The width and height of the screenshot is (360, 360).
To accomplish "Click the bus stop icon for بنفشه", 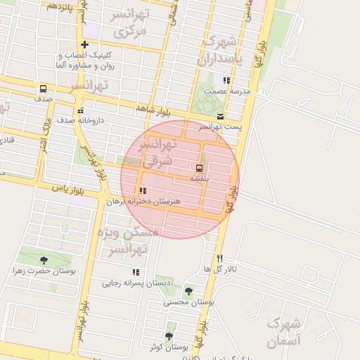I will (x=199, y=168).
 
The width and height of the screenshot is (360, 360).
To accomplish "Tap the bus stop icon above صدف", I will (x=44, y=89).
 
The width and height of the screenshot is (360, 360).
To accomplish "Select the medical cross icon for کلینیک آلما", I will (x=84, y=44).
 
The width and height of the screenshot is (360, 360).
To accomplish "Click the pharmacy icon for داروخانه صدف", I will (x=81, y=110).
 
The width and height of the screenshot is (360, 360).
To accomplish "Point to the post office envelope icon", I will (x=221, y=116).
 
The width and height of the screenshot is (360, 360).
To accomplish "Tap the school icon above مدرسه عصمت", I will (x=226, y=80).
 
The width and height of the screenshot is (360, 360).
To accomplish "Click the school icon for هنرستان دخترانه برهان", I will (x=143, y=191).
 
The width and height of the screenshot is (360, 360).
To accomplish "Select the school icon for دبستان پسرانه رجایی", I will (x=136, y=272).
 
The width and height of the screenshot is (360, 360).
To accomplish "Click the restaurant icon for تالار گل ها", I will (x=220, y=259).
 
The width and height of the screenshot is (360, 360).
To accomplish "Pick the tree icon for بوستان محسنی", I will (x=188, y=291).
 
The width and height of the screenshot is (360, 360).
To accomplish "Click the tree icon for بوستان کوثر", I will (x=169, y=336).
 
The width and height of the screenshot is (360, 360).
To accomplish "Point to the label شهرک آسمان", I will (x=283, y=333).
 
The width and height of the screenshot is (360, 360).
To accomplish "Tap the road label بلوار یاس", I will (x=67, y=188).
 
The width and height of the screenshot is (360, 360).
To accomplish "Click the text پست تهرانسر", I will (x=220, y=127).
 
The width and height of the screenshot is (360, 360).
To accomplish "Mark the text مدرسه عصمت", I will (x=226, y=91).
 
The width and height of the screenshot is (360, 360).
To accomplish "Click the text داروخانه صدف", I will (x=80, y=120).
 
